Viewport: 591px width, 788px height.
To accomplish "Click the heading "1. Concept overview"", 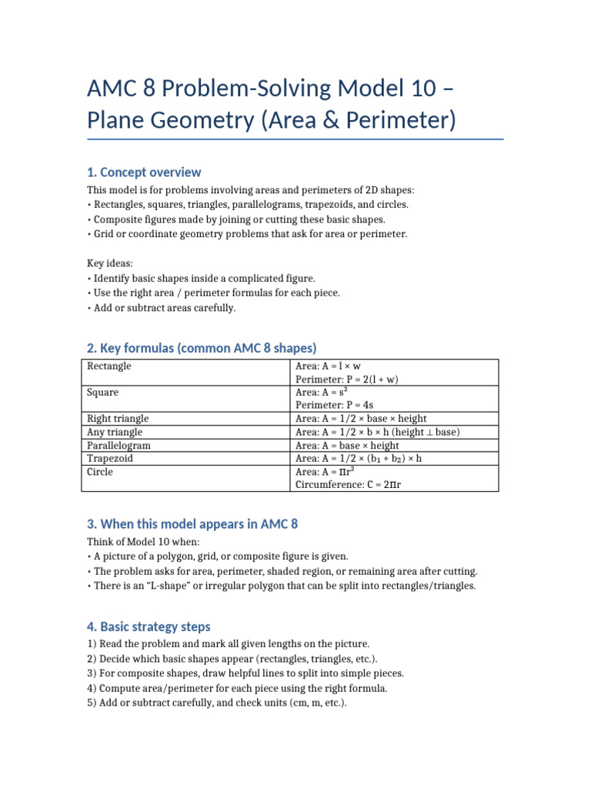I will pyautogui.click(x=144, y=172).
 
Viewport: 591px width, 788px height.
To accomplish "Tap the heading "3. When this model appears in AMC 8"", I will pyautogui.click(x=192, y=524).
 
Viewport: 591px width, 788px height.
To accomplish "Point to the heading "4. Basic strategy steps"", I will pyautogui.click(x=149, y=626).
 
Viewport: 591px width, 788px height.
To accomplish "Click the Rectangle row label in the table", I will pyautogui.click(x=109, y=366).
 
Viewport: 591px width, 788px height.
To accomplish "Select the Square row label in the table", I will pyautogui.click(x=102, y=392).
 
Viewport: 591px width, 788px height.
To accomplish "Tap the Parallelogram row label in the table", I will pyautogui.click(x=119, y=446).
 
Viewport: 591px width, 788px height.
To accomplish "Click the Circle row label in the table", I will pyautogui.click(x=99, y=472).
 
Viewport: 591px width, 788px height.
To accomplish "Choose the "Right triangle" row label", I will pyautogui.click(x=118, y=419).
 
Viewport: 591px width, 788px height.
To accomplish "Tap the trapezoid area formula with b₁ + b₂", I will pyautogui.click(x=359, y=459).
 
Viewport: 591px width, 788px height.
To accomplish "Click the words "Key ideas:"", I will pyautogui.click(x=111, y=263).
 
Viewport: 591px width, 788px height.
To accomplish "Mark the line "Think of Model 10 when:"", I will pyautogui.click(x=142, y=541).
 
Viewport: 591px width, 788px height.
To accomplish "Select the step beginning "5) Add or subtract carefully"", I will pyautogui.click(x=218, y=702).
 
